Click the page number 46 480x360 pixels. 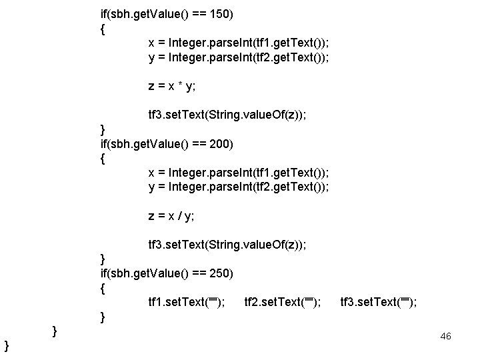pos(446,336)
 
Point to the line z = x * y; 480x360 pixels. pos(171,86)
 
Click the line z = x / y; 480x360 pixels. pos(171,215)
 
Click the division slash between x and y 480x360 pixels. pos(180,215)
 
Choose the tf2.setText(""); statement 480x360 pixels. pos(283,303)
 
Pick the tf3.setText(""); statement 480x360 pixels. pos(379,303)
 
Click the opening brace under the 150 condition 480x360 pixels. pos(102,29)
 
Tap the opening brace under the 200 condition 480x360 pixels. pos(102,159)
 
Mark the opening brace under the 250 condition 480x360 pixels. pos(102,289)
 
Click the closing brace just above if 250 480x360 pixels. pos(102,258)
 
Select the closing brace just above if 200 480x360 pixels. pos(102,129)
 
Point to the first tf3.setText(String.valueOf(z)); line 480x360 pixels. pos(227,115)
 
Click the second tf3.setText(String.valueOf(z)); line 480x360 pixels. pos(227,245)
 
